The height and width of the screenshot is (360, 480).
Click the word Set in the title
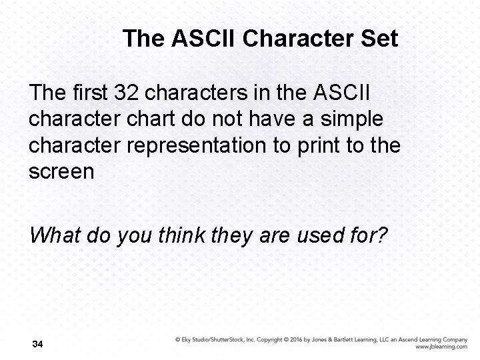pos(379,39)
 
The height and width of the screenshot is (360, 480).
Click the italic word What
pos(53,235)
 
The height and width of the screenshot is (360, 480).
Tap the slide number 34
pos(37,345)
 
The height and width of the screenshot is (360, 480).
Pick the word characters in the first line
pos(181,91)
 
